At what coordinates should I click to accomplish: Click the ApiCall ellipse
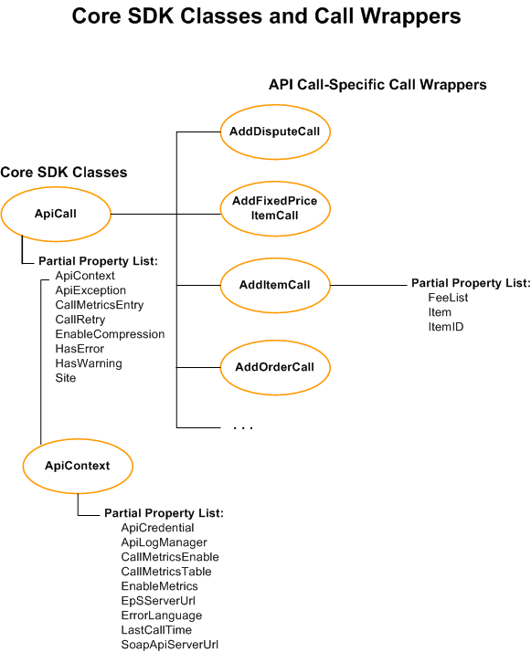55,214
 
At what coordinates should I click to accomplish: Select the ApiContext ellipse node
77,466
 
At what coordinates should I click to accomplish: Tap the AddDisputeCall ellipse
274,131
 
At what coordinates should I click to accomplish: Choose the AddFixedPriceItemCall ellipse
274,208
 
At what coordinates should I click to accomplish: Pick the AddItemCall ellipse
274,285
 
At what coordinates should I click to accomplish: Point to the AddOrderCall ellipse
274,367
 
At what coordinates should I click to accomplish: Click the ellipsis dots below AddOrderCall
242,427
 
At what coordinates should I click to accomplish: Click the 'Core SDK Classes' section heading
64,173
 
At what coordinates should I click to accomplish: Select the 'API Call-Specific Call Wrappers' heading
377,85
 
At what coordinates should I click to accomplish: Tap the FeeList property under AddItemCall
447,298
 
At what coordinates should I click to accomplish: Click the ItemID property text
446,327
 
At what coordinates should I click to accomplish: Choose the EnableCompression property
110,334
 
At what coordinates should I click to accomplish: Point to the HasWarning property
89,363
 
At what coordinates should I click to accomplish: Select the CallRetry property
80,320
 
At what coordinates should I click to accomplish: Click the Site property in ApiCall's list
66,378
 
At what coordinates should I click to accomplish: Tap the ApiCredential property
157,528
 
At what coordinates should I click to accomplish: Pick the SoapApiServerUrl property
169,645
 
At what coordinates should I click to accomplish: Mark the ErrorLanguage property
162,615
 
